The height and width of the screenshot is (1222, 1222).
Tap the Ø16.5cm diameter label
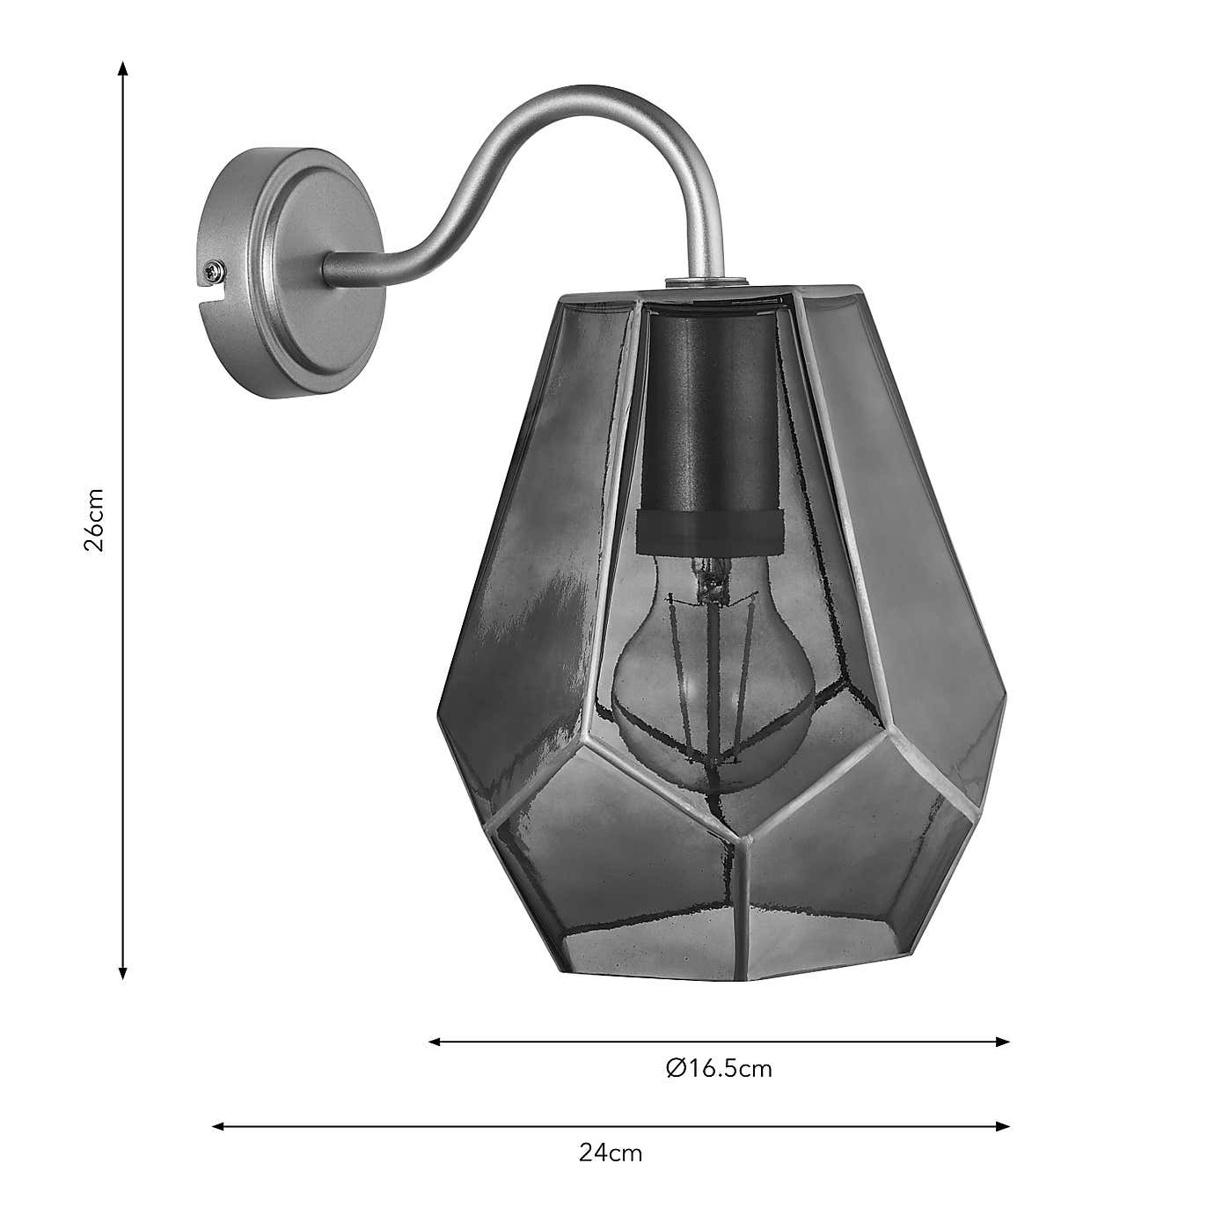point(719,1068)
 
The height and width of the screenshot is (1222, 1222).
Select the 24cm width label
point(611,1152)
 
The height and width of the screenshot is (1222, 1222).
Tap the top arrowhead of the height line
point(123,69)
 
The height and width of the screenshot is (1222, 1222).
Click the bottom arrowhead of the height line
point(123,971)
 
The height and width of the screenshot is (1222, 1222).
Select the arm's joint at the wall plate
point(339,269)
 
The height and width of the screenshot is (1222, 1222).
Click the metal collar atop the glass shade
point(706,282)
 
